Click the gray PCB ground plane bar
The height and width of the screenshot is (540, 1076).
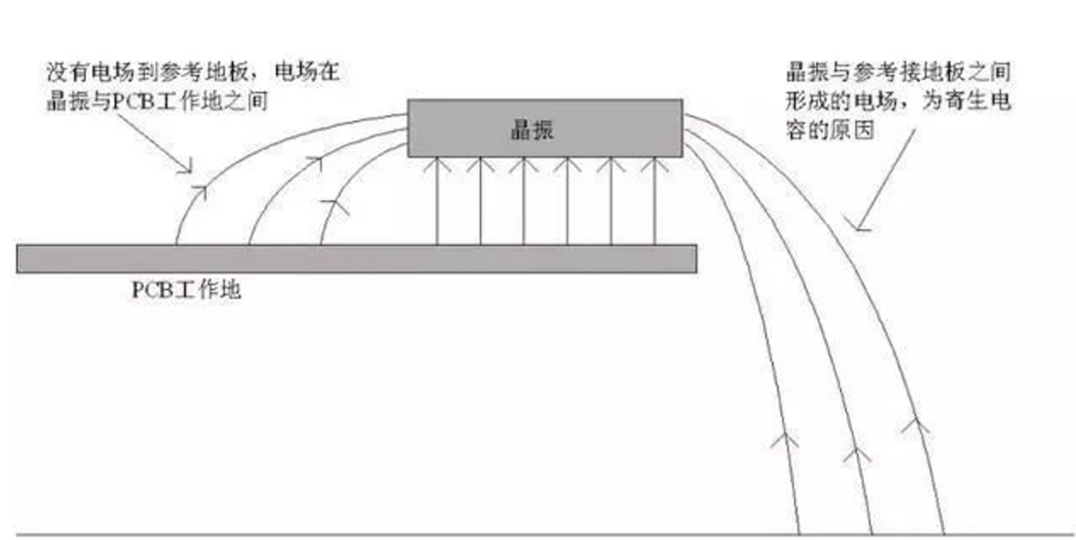coord(356,258)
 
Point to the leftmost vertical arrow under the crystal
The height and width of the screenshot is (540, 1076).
coord(437,200)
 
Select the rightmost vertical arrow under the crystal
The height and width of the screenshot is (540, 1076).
coord(655,200)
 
